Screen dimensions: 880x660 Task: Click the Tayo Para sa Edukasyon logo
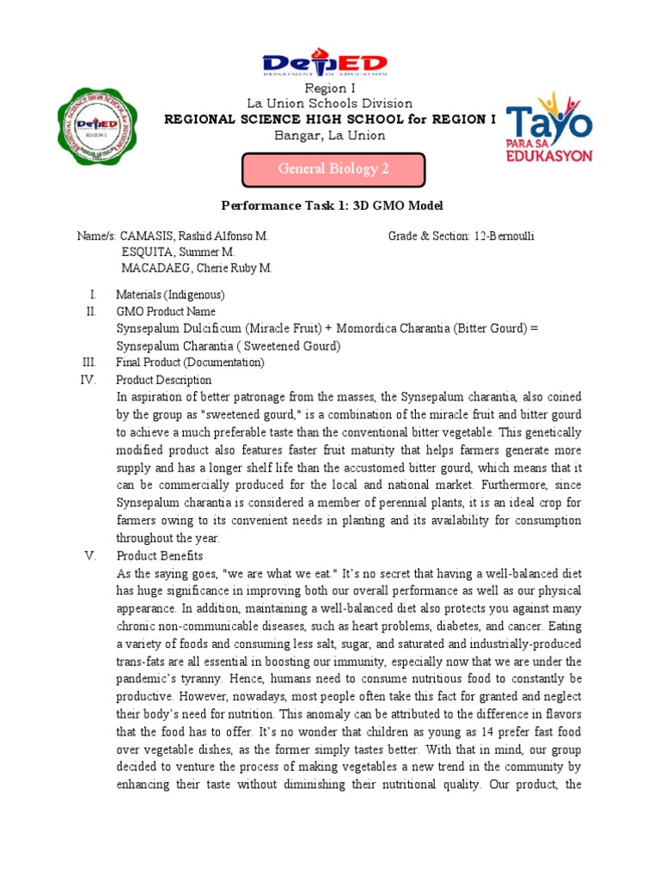click(547, 128)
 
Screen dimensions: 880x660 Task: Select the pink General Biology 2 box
click(333, 169)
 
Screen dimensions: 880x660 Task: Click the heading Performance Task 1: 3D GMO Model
click(332, 206)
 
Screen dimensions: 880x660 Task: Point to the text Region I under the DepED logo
click(330, 89)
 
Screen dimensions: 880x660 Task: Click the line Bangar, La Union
click(330, 136)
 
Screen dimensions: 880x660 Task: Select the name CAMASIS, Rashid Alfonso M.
click(194, 235)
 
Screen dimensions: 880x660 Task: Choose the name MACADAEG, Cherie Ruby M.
click(196, 268)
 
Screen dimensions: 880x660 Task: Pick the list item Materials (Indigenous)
click(170, 294)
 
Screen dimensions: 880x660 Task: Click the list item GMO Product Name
click(166, 311)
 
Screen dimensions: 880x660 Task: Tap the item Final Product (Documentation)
click(190, 363)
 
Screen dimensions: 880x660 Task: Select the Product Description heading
click(163, 380)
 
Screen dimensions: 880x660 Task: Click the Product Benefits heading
click(160, 556)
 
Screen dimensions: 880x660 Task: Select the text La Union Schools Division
click(330, 104)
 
